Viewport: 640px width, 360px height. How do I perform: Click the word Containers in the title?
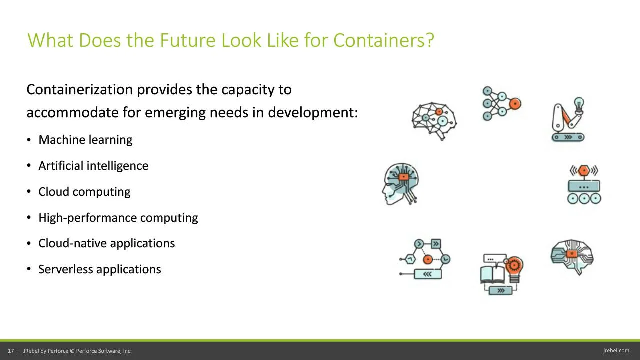pyautogui.click(x=383, y=40)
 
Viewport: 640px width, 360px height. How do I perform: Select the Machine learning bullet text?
pyautogui.click(x=85, y=140)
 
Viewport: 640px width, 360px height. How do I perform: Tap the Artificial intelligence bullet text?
pyautogui.click(x=93, y=166)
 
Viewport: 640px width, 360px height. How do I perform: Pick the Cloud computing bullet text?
pyautogui.click(x=84, y=192)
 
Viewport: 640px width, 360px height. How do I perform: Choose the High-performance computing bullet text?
pyautogui.click(x=118, y=218)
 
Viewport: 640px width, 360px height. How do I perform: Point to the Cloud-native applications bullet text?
pyautogui.click(x=107, y=243)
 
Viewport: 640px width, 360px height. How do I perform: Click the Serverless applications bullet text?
pyautogui.click(x=99, y=269)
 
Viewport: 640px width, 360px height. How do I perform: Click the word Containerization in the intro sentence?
pyautogui.click(x=79, y=90)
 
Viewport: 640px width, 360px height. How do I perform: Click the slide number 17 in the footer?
pyautogui.click(x=11, y=351)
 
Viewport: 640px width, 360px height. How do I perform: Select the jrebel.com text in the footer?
pyautogui.click(x=616, y=351)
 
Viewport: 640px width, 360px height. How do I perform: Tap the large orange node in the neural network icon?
pyautogui.click(x=515, y=104)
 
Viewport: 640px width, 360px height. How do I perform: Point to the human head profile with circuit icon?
pyautogui.click(x=401, y=184)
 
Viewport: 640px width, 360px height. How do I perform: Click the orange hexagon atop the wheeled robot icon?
pyautogui.click(x=584, y=171)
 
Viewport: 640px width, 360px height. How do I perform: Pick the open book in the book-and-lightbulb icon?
pyautogui.click(x=492, y=274)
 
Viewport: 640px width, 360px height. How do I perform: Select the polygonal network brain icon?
pyautogui.click(x=434, y=121)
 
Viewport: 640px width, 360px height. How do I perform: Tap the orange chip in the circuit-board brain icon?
pyautogui.click(x=571, y=254)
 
